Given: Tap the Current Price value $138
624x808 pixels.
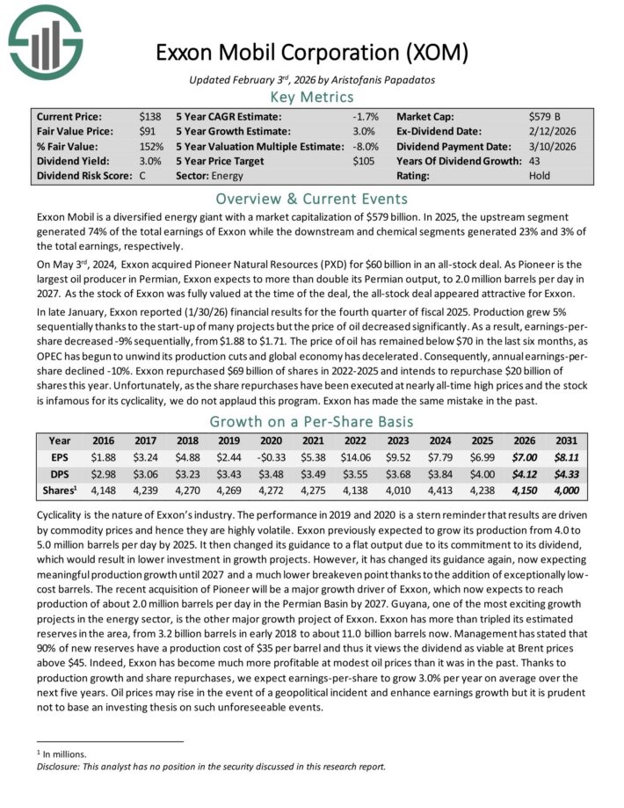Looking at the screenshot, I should [x=151, y=115].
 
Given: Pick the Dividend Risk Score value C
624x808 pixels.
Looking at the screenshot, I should [x=143, y=176].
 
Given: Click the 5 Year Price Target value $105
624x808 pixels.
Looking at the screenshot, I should [x=365, y=161].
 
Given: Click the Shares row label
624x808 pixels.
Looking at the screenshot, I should [x=61, y=489].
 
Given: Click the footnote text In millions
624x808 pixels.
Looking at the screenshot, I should [x=62, y=753].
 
